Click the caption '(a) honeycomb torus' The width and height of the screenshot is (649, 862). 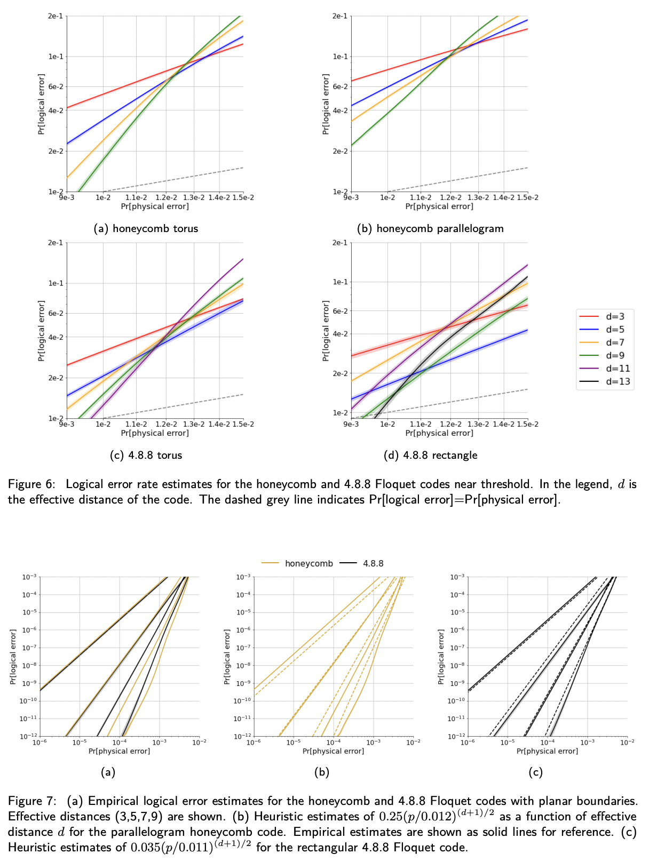(x=146, y=228)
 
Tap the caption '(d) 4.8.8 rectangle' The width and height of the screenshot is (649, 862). (x=430, y=455)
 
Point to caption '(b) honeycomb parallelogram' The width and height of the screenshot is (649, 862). (x=430, y=228)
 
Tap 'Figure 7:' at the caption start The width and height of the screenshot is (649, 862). (x=32, y=801)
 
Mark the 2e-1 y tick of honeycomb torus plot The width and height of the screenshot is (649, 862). (x=56, y=16)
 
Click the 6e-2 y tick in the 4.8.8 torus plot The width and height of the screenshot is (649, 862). (x=56, y=313)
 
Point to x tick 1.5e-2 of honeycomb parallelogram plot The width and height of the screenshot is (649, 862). (x=527, y=198)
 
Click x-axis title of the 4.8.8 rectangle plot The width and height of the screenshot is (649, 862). (x=439, y=433)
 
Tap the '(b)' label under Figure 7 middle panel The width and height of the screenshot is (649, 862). (x=322, y=772)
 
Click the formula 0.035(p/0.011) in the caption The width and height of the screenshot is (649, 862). (x=171, y=848)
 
